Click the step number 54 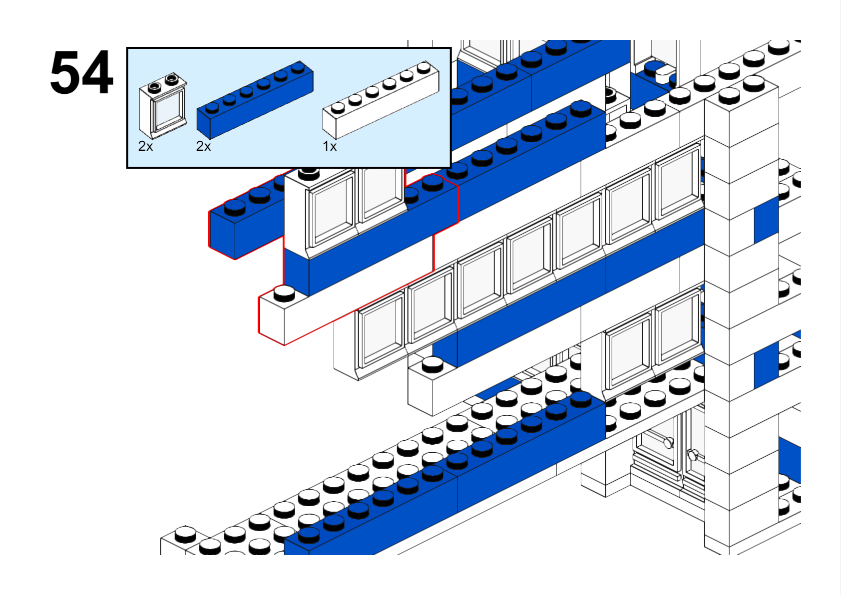(x=81, y=73)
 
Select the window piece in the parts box (x=163, y=106)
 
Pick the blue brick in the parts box (x=255, y=100)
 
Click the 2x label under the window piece (x=145, y=146)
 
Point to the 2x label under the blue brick (x=203, y=146)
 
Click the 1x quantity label (x=330, y=146)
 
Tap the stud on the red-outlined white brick (x=285, y=293)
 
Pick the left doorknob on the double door (x=668, y=442)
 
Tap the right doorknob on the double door (x=693, y=454)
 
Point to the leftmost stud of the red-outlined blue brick (x=234, y=206)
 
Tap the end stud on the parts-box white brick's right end (x=423, y=66)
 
